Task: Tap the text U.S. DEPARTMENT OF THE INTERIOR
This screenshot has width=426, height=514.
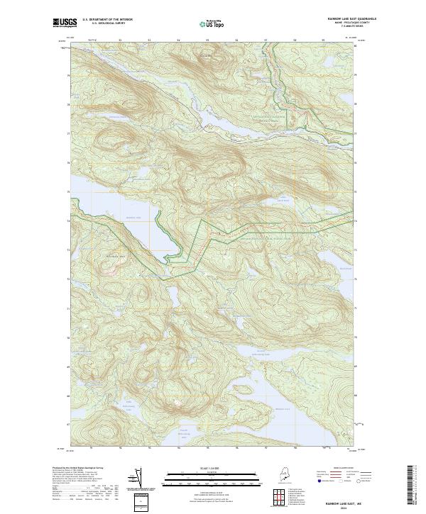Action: pos(107,20)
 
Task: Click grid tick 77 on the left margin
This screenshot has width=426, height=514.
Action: pos(68,133)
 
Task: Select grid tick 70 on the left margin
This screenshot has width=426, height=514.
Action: pos(68,339)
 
